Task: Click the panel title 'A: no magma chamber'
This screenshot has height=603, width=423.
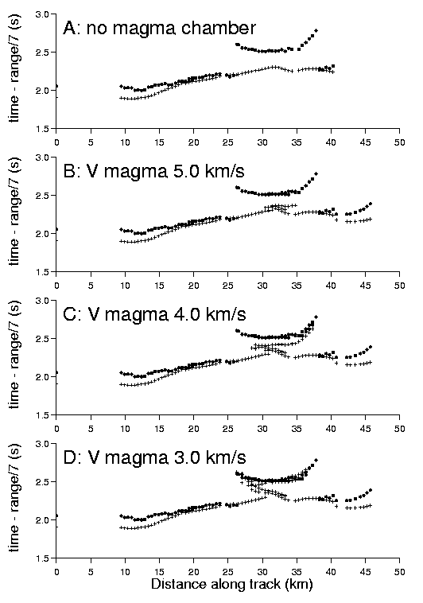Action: coord(159,29)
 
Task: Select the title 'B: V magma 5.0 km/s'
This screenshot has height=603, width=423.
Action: coord(153,172)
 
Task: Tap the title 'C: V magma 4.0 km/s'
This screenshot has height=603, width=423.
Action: coord(154,314)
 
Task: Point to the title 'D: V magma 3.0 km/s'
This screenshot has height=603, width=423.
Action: coord(154,457)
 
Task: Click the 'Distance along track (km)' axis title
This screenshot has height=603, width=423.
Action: coord(232,584)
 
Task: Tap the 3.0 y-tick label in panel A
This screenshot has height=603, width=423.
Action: coord(43,14)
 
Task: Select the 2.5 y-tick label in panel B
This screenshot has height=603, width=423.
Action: coord(43,196)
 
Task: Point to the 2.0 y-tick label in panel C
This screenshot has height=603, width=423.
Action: coord(43,377)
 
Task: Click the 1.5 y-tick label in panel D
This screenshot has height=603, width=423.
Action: coord(43,558)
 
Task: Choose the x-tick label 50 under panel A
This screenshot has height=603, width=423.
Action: coord(399,142)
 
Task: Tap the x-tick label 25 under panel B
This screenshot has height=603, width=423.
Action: coord(228,286)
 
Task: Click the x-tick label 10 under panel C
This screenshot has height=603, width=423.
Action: coord(125,429)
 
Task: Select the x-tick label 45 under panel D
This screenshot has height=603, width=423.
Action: coord(365,572)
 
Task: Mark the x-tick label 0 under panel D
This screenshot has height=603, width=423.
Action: coord(56,572)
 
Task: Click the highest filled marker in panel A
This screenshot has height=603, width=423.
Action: coord(316,30)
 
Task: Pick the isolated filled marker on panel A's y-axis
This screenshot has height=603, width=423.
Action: coord(56,86)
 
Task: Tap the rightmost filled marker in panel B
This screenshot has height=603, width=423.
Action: coord(371,204)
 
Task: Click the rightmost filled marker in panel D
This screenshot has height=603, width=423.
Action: coord(371,490)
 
